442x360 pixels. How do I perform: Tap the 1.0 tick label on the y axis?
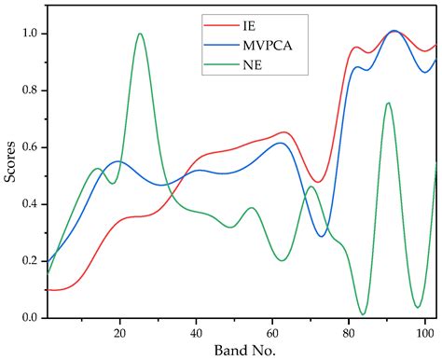(32, 34)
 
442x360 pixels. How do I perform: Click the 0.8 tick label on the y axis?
(32, 90)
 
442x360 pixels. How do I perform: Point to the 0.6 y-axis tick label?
(32, 147)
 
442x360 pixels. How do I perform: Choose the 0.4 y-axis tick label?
(32, 204)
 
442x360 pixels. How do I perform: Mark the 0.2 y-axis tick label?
(32, 261)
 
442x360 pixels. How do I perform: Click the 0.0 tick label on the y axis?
(32, 318)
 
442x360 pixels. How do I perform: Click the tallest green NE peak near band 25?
(140, 34)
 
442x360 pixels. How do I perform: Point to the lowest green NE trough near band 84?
(363, 314)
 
